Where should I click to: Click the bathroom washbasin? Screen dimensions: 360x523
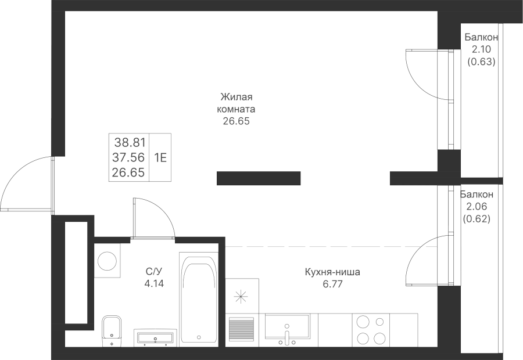pyautogui.click(x=155, y=336)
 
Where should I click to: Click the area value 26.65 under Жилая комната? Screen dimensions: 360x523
pyautogui.click(x=236, y=121)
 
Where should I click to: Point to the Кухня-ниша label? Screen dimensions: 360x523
pyautogui.click(x=332, y=272)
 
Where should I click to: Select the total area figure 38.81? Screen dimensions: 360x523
pyautogui.click(x=130, y=141)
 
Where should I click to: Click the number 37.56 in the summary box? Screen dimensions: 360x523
pyautogui.click(x=130, y=157)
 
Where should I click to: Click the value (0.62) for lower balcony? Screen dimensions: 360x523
pyautogui.click(x=477, y=219)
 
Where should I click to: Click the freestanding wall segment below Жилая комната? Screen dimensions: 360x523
pyautogui.click(x=258, y=178)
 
